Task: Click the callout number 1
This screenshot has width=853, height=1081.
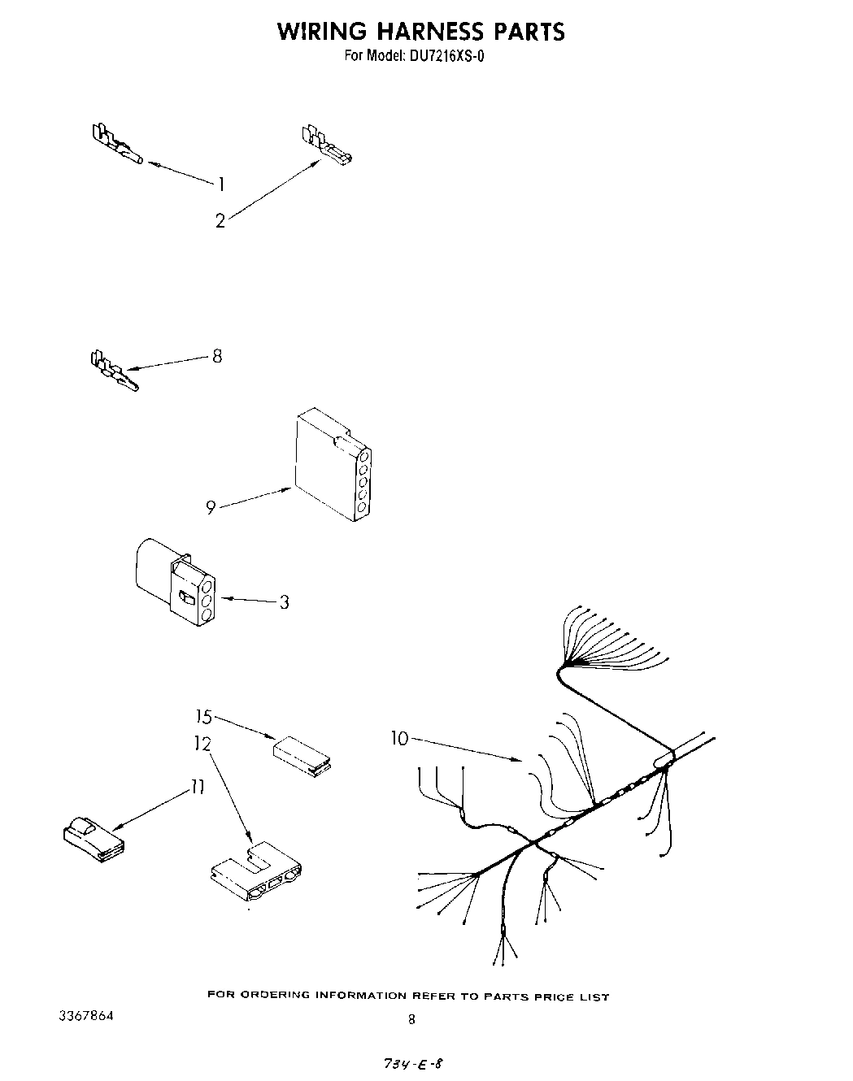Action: [221, 185]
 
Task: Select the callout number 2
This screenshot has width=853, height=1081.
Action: [220, 220]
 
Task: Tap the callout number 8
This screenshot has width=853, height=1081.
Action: [217, 356]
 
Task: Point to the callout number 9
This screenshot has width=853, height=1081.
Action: [211, 508]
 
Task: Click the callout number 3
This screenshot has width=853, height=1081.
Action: [284, 603]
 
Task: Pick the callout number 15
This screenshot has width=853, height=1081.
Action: [203, 717]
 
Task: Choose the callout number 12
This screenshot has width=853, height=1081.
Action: [202, 743]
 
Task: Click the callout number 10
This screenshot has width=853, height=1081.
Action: [399, 738]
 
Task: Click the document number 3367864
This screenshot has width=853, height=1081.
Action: [86, 1017]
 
